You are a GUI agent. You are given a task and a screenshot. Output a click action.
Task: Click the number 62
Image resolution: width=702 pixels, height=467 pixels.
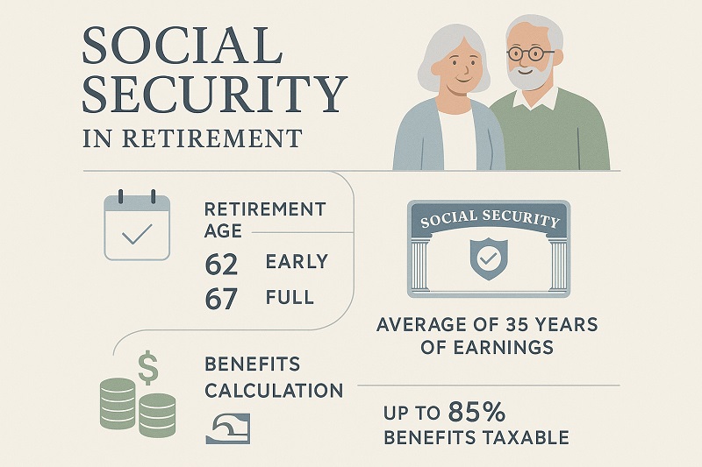coord(220,263)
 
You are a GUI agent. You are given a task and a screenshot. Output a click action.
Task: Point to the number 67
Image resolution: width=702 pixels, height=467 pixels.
coord(220,299)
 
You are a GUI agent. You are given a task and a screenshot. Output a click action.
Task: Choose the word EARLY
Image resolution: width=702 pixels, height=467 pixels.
coord(297,262)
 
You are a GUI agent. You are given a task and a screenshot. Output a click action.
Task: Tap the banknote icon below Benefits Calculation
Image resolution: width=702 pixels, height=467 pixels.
coord(227,427)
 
